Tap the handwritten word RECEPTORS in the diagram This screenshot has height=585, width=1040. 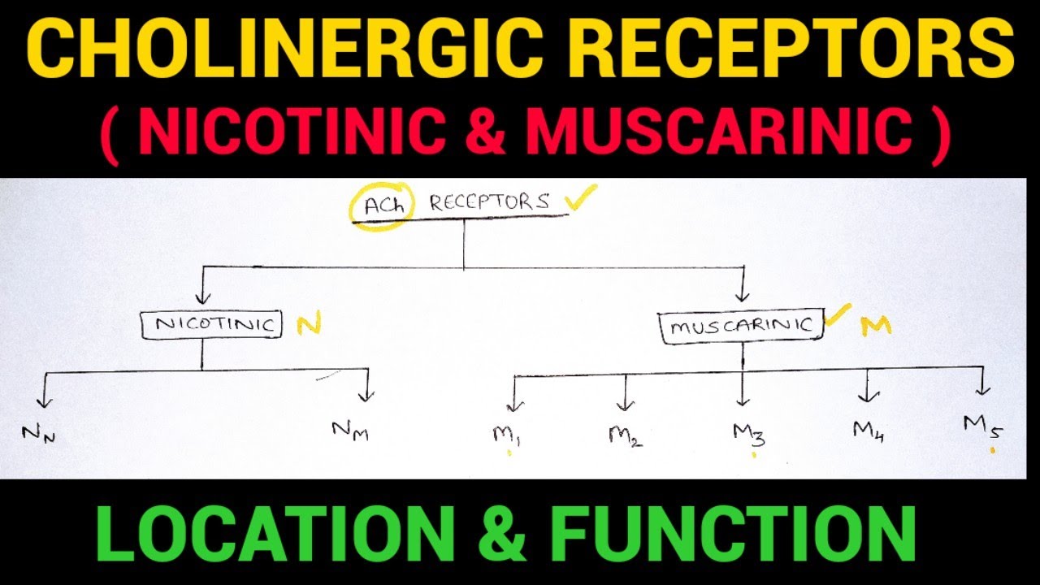click(x=489, y=202)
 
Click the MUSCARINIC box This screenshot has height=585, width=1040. click(x=742, y=327)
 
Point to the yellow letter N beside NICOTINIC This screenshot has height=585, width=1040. click(x=309, y=325)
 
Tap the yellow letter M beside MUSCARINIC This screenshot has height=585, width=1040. click(x=876, y=326)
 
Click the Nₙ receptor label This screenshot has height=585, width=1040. click(x=38, y=434)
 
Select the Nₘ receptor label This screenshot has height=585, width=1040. click(x=350, y=429)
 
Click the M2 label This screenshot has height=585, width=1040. click(x=626, y=436)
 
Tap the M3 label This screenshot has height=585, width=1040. click(x=748, y=434)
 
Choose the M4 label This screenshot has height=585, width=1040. click(x=868, y=430)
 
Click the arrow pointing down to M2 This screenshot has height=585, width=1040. click(x=625, y=393)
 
